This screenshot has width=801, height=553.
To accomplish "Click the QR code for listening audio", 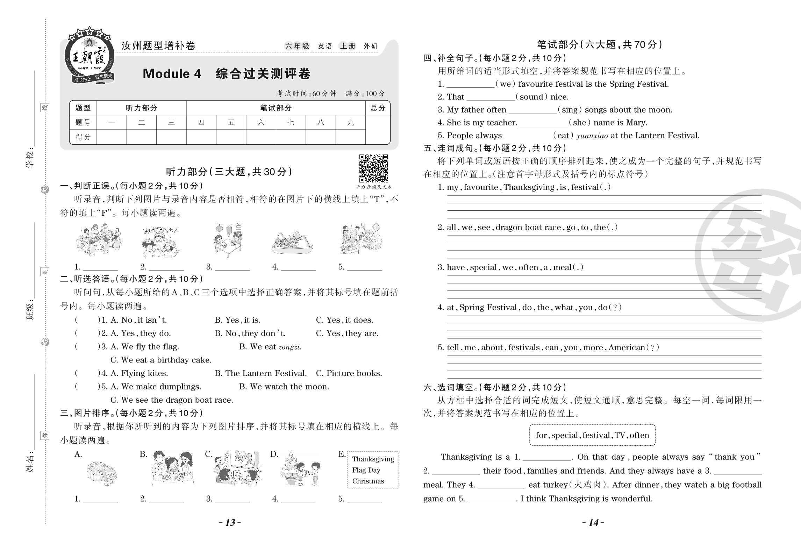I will (x=373, y=168).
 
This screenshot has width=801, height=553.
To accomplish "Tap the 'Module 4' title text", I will (x=172, y=74).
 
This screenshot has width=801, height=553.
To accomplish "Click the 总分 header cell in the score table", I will (x=378, y=108).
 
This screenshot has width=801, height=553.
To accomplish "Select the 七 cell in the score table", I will (x=291, y=123).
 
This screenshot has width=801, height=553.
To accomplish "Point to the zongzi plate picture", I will (x=292, y=242).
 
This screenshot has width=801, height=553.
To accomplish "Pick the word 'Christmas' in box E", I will (x=368, y=481).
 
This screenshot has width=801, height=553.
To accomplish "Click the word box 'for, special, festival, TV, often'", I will (x=592, y=435).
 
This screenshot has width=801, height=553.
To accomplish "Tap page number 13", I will (x=230, y=523).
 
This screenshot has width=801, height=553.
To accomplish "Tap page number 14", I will (x=593, y=523).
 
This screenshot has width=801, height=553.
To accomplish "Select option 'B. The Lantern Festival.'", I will (x=260, y=373).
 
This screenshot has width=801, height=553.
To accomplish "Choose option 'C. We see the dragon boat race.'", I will (x=172, y=400).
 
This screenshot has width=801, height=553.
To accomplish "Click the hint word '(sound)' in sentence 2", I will (x=531, y=97).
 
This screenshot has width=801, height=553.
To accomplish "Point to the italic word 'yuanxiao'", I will (x=592, y=136).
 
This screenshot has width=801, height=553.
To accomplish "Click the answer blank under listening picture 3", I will (x=233, y=267).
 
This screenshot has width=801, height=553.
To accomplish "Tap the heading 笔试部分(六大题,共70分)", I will (x=599, y=45).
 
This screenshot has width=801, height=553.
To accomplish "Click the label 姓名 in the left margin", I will (x=30, y=462).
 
